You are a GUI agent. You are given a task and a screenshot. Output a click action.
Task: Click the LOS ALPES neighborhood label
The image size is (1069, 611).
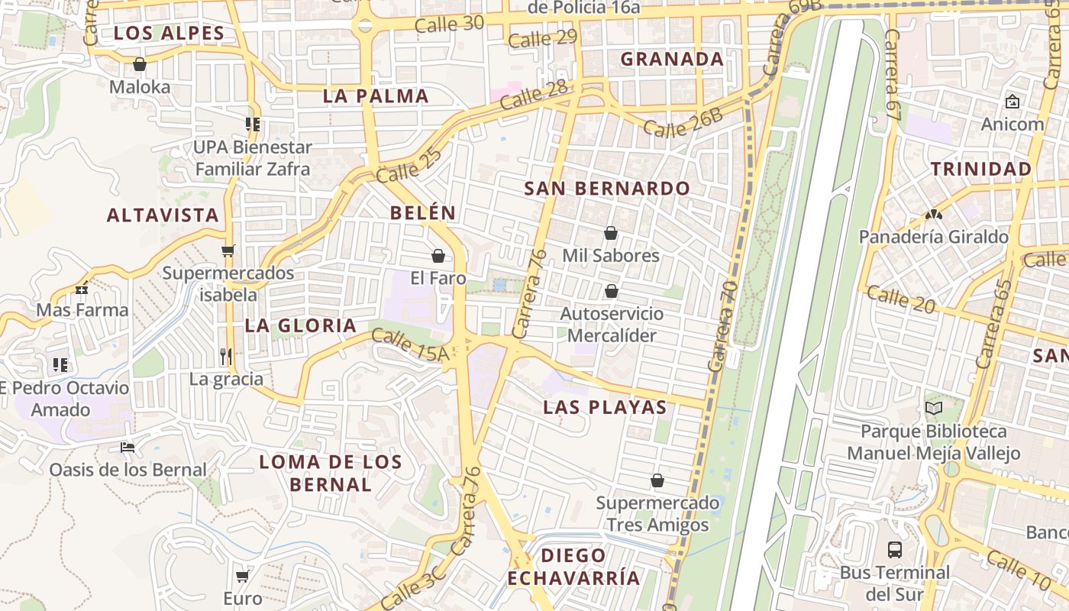(169, 33)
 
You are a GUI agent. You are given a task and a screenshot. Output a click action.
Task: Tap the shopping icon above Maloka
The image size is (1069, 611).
(139, 64)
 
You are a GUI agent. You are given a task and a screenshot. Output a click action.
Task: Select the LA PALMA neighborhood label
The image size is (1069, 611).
(376, 96)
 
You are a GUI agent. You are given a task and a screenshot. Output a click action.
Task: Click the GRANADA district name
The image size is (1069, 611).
(672, 59)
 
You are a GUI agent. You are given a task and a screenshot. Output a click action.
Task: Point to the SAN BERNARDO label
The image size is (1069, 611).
(607, 189)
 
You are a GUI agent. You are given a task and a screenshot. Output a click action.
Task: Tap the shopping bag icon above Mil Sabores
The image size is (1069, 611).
(610, 233)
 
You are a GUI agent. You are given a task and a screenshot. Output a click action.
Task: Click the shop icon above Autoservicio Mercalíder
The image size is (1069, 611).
(611, 291)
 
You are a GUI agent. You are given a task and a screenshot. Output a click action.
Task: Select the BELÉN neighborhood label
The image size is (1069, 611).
(423, 213)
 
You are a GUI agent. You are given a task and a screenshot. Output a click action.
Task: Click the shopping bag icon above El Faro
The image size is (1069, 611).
(438, 256)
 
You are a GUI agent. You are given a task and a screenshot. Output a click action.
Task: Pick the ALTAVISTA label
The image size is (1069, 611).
(163, 215)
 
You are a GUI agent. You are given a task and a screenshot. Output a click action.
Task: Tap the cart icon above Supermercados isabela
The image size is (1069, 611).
(228, 251)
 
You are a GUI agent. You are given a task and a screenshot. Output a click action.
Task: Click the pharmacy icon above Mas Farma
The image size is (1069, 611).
(82, 289)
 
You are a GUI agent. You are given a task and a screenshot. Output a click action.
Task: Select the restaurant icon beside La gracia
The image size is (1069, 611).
(226, 356)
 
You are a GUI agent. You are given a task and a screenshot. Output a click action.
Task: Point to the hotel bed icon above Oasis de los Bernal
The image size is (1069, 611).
(128, 447)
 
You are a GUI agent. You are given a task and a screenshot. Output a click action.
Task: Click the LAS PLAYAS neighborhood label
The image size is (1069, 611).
(605, 407)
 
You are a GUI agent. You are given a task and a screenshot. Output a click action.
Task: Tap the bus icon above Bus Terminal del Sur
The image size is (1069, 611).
(894, 549)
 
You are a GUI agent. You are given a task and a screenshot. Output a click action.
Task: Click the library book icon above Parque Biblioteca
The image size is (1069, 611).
(934, 409)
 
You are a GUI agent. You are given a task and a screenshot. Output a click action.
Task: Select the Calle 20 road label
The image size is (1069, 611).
(901, 299)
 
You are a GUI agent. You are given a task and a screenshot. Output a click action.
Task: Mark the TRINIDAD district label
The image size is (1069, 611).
(981, 170)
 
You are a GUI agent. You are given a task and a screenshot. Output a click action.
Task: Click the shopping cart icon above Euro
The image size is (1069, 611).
(243, 576)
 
